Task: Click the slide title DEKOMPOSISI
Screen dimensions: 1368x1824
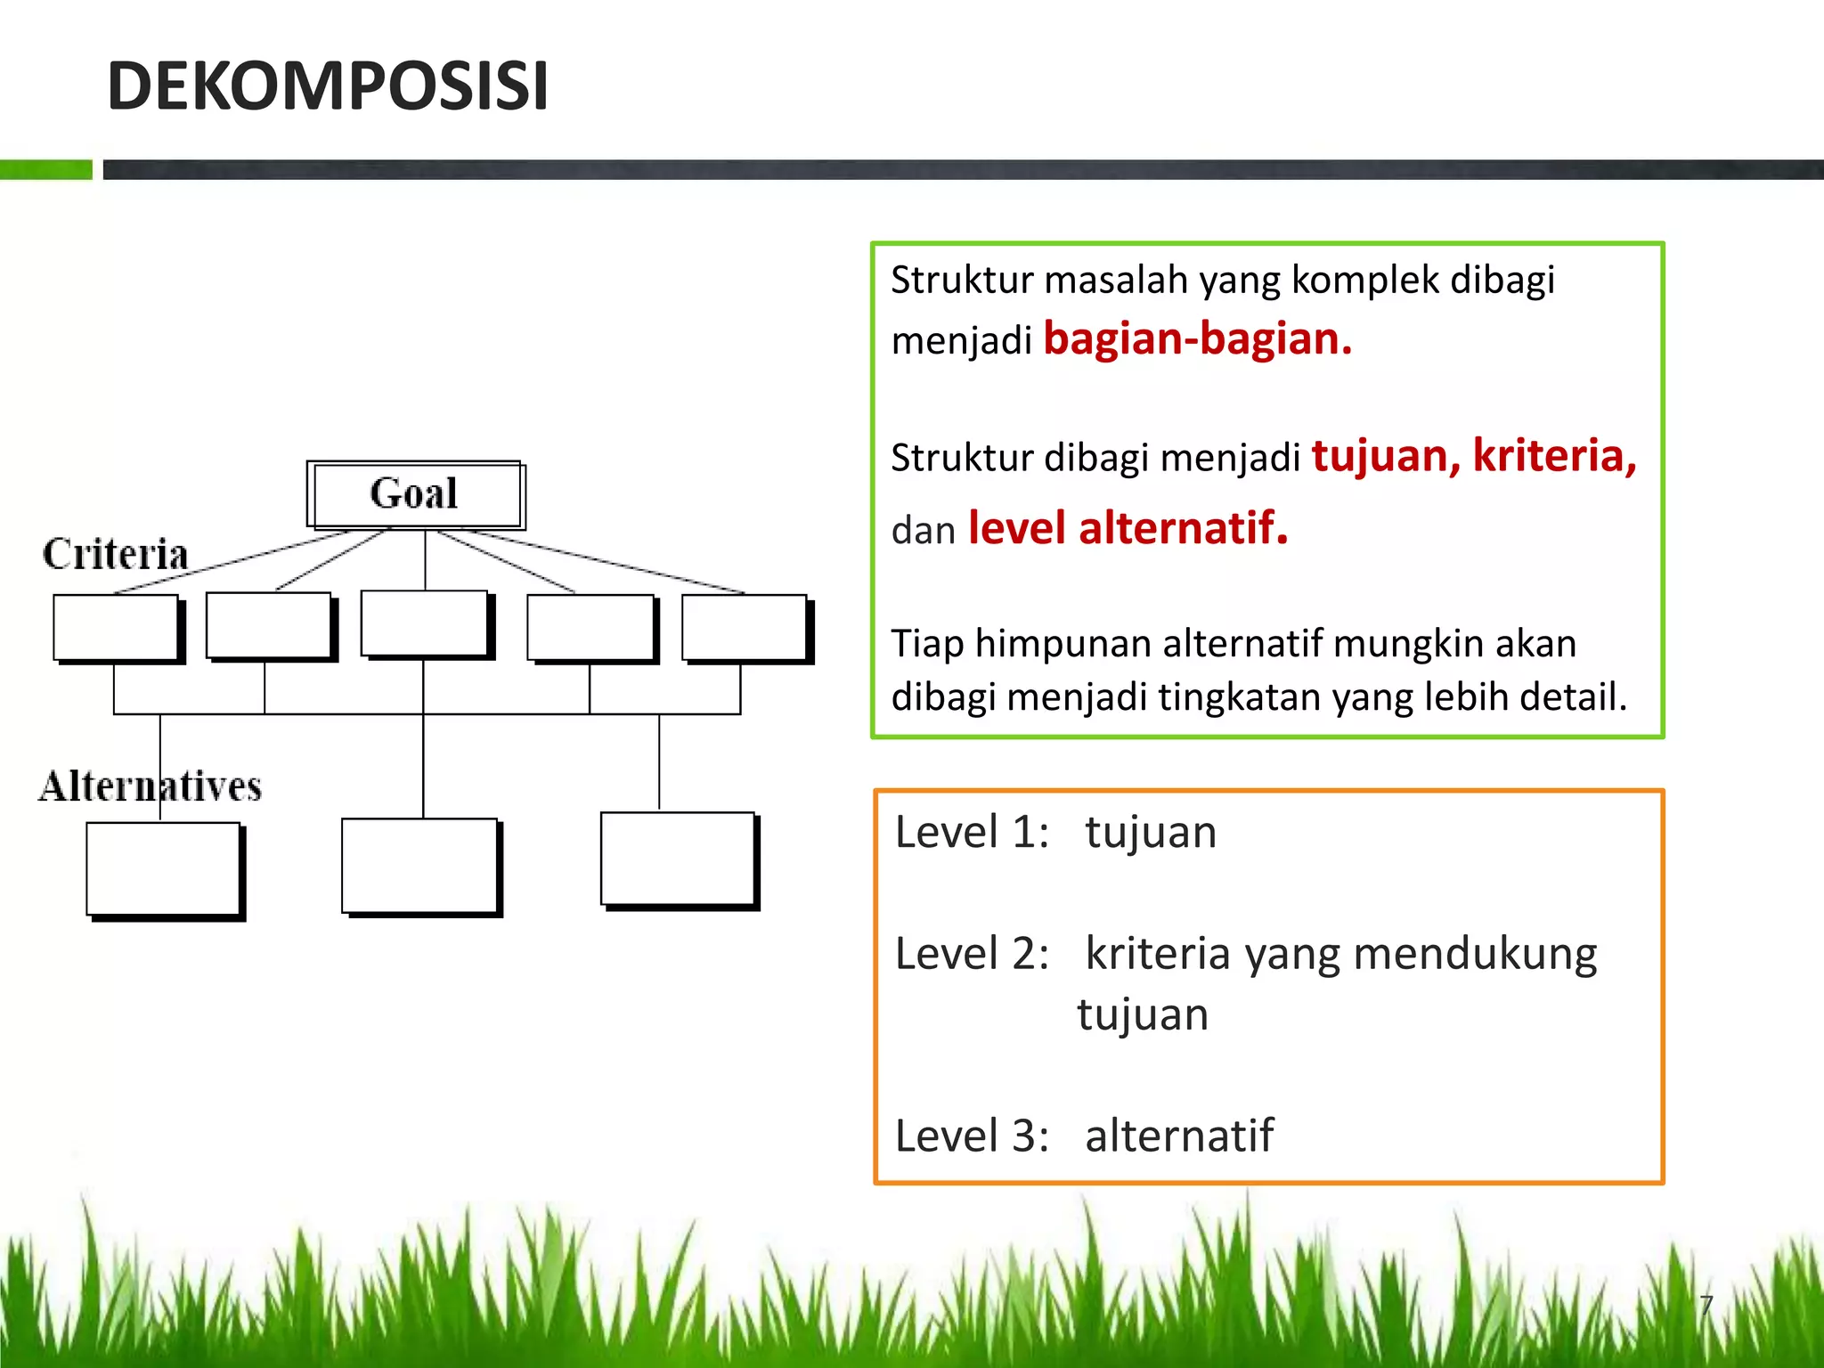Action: click(327, 86)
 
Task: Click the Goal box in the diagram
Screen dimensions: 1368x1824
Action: click(415, 494)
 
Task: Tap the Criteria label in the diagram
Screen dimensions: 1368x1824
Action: click(116, 554)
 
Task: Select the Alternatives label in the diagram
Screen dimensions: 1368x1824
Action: click(150, 786)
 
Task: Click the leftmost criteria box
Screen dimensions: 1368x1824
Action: click(116, 627)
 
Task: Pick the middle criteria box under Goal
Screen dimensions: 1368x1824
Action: click(424, 623)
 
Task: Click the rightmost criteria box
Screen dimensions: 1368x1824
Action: click(745, 627)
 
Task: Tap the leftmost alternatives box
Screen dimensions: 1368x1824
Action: click(163, 868)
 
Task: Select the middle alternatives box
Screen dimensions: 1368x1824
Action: click(419, 865)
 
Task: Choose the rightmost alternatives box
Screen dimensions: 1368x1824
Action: click(678, 859)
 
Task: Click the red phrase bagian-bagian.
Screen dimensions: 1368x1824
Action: click(1197, 339)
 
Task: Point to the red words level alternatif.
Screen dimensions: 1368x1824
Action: click(1128, 528)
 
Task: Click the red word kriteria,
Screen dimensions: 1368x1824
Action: click(1554, 456)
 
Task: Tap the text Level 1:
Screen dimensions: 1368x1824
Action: click(972, 833)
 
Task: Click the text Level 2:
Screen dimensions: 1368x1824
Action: click(972, 954)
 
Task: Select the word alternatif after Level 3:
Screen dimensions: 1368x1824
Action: click(1179, 1136)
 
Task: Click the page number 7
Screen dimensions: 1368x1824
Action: click(1706, 1306)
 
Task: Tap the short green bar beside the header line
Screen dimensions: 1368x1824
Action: click(45, 169)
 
